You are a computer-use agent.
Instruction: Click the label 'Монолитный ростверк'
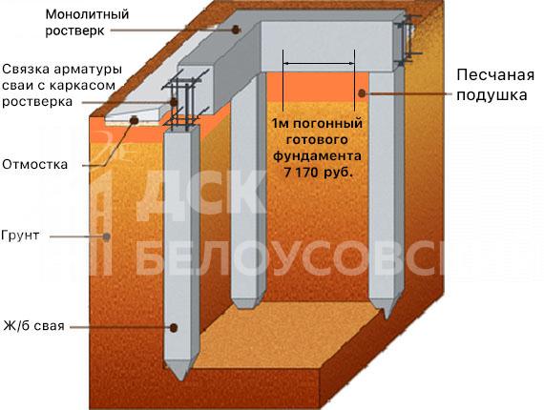(x=87, y=23)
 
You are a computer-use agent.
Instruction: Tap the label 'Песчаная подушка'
(x=495, y=85)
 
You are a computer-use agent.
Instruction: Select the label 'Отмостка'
(x=34, y=164)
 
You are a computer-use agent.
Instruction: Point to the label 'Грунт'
(x=20, y=235)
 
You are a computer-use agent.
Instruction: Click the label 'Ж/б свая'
(x=34, y=326)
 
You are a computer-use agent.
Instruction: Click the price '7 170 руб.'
(x=318, y=173)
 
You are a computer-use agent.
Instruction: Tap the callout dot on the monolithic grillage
(x=236, y=30)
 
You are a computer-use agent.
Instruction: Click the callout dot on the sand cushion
(x=362, y=92)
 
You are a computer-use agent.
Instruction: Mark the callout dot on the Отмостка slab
(x=134, y=120)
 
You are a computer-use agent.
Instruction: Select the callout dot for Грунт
(x=107, y=236)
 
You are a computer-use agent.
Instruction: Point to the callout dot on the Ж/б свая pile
(x=174, y=327)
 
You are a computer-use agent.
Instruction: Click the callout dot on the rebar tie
(x=174, y=102)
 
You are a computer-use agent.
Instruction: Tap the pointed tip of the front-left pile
(x=180, y=380)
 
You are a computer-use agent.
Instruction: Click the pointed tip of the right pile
(x=387, y=318)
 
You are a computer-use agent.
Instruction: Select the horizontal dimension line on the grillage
(x=319, y=64)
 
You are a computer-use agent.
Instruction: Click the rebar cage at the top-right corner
(x=408, y=40)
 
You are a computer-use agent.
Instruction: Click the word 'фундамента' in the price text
(x=317, y=156)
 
